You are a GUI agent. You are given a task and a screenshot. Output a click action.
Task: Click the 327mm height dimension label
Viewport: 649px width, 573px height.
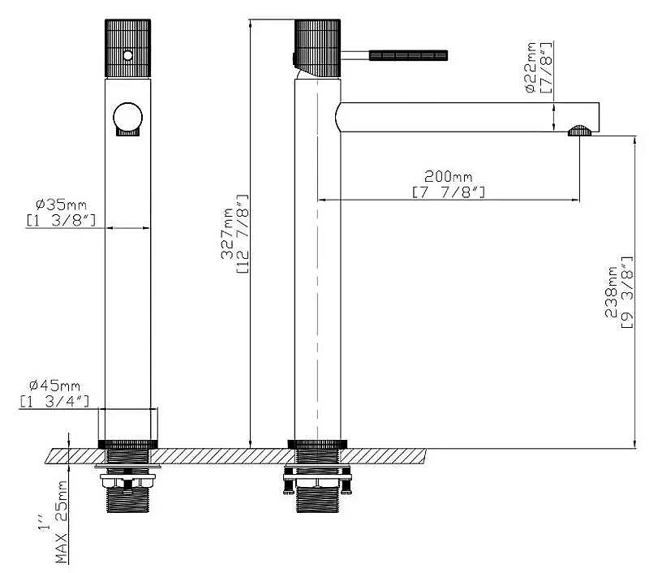(x=227, y=234)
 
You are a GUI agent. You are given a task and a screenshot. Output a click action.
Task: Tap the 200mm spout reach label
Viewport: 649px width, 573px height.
(x=449, y=177)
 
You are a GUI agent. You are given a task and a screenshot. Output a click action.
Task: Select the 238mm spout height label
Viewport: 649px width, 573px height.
(x=611, y=292)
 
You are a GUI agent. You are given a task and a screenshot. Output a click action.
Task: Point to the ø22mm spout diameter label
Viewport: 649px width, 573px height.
(x=531, y=67)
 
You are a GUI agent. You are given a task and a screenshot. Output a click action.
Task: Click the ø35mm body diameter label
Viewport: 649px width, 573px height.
(x=62, y=205)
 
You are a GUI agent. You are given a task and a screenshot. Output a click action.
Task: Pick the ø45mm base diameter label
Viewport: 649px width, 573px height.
(x=54, y=386)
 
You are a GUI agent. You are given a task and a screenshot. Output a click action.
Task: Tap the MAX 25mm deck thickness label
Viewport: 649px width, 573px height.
(x=62, y=522)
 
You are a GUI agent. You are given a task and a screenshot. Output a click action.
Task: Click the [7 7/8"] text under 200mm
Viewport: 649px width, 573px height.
(x=449, y=192)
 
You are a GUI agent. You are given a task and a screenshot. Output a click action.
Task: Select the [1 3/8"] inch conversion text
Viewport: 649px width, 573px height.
(x=62, y=220)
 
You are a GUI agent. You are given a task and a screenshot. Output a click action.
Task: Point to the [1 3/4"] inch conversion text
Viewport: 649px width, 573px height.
(x=54, y=401)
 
